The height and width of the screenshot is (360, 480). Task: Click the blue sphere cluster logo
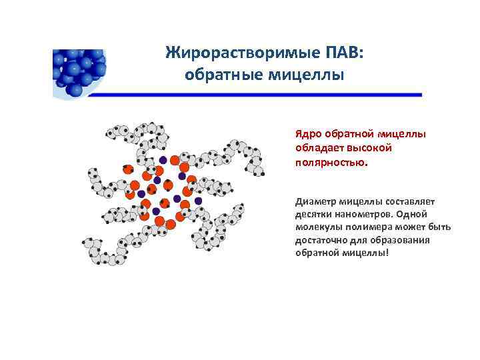point(79,70)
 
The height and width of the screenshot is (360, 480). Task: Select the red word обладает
point(317,147)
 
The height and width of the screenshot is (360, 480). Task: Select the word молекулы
point(317,227)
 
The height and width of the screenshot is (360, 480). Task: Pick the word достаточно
point(322,240)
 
